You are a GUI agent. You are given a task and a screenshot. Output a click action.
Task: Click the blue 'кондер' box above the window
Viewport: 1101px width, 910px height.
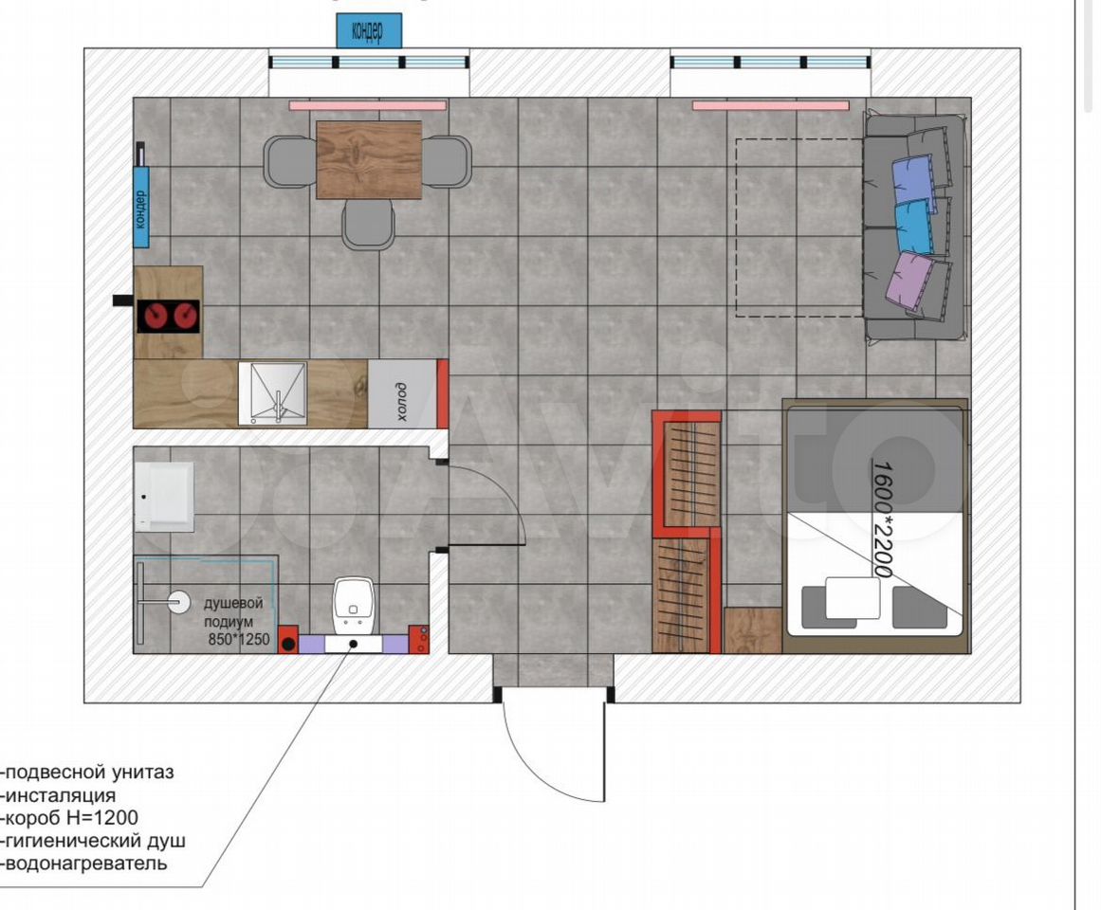click(369, 31)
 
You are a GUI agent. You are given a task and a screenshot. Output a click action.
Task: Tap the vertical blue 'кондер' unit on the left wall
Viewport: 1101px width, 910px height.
click(141, 207)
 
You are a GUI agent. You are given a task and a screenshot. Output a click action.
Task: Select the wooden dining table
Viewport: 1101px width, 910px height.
click(369, 160)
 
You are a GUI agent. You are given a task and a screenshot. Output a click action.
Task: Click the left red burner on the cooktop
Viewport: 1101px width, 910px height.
click(153, 317)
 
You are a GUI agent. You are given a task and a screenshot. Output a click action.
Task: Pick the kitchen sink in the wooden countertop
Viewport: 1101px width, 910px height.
click(272, 392)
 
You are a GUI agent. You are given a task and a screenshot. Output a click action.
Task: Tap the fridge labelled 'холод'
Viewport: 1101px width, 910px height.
click(402, 393)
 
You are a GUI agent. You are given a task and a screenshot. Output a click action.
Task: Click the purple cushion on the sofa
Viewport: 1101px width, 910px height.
click(910, 280)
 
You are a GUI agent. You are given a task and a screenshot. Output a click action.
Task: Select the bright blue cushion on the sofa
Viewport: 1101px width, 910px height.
click(914, 226)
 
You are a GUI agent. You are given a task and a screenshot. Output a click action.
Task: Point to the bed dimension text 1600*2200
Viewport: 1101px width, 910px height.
click(882, 519)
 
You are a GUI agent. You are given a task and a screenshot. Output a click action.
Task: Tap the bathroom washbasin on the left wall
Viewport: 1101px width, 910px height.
click(164, 497)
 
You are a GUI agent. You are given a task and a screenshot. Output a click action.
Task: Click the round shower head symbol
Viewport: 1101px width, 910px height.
click(180, 602)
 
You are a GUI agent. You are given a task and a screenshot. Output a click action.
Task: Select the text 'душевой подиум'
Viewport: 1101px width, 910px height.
click(232, 611)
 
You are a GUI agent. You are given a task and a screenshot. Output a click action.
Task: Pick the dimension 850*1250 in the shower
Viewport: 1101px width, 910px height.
click(239, 640)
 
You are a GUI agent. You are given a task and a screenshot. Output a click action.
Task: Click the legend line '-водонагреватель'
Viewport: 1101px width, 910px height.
click(85, 863)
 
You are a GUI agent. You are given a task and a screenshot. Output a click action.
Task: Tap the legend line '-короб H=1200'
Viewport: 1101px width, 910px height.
click(70, 817)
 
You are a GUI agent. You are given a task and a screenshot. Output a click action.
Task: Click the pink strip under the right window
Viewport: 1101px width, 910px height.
click(771, 106)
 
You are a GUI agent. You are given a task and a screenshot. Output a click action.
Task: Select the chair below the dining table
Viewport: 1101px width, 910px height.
click(368, 224)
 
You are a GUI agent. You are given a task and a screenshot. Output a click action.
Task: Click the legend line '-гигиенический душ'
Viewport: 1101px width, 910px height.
click(94, 841)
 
